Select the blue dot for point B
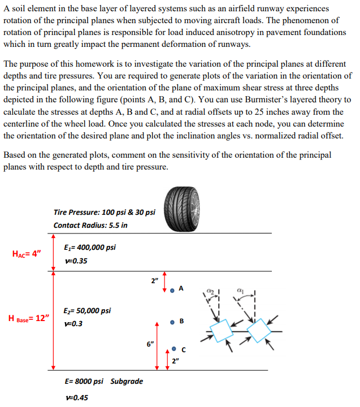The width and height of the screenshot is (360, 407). (x=172, y=322)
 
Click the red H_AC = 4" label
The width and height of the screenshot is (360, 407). (x=26, y=254)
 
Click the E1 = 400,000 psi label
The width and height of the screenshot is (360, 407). (x=90, y=248)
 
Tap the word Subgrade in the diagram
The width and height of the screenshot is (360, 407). (x=127, y=381)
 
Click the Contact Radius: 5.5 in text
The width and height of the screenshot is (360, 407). (x=90, y=225)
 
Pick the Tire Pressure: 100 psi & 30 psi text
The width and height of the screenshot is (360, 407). (x=104, y=212)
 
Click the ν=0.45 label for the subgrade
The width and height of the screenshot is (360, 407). (x=76, y=397)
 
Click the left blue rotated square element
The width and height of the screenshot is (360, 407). (x=223, y=329)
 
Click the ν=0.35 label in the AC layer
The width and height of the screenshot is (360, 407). (x=76, y=261)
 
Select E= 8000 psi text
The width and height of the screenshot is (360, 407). (x=84, y=381)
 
